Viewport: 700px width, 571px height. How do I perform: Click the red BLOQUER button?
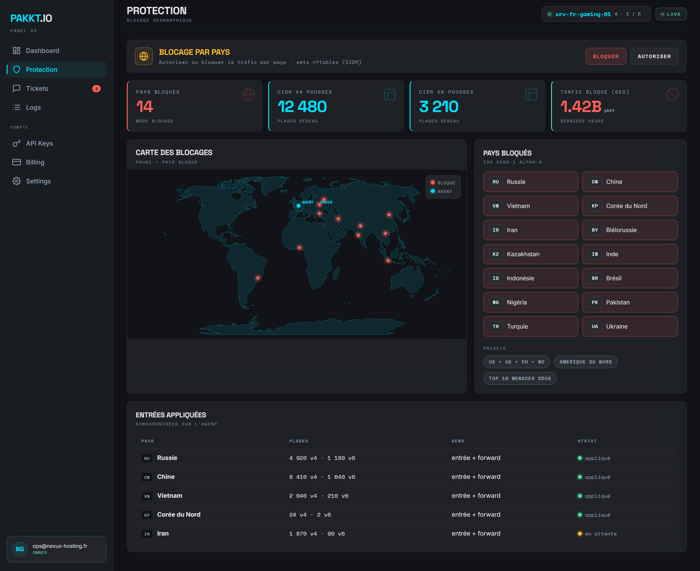click(606, 56)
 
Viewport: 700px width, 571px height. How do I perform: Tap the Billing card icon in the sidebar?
click(17, 162)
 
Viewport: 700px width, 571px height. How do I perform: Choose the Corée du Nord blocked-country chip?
click(630, 206)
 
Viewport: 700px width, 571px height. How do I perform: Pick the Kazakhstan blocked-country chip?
click(530, 254)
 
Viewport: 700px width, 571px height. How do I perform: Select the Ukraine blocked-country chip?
click(630, 326)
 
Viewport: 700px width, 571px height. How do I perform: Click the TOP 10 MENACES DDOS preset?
click(520, 378)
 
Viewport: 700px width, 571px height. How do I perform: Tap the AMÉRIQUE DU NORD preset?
click(586, 362)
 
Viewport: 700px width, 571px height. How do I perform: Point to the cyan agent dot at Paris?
click(298, 206)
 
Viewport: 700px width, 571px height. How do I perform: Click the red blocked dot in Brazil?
click(258, 278)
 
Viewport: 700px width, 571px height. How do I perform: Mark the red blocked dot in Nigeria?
click(299, 248)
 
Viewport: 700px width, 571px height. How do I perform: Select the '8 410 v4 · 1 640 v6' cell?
click(322, 477)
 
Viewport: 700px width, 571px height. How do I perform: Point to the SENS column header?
click(458, 441)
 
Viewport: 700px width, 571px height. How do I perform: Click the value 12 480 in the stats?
click(302, 107)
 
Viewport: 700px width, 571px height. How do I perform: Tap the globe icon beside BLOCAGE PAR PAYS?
click(144, 56)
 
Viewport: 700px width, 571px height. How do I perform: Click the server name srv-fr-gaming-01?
click(583, 14)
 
